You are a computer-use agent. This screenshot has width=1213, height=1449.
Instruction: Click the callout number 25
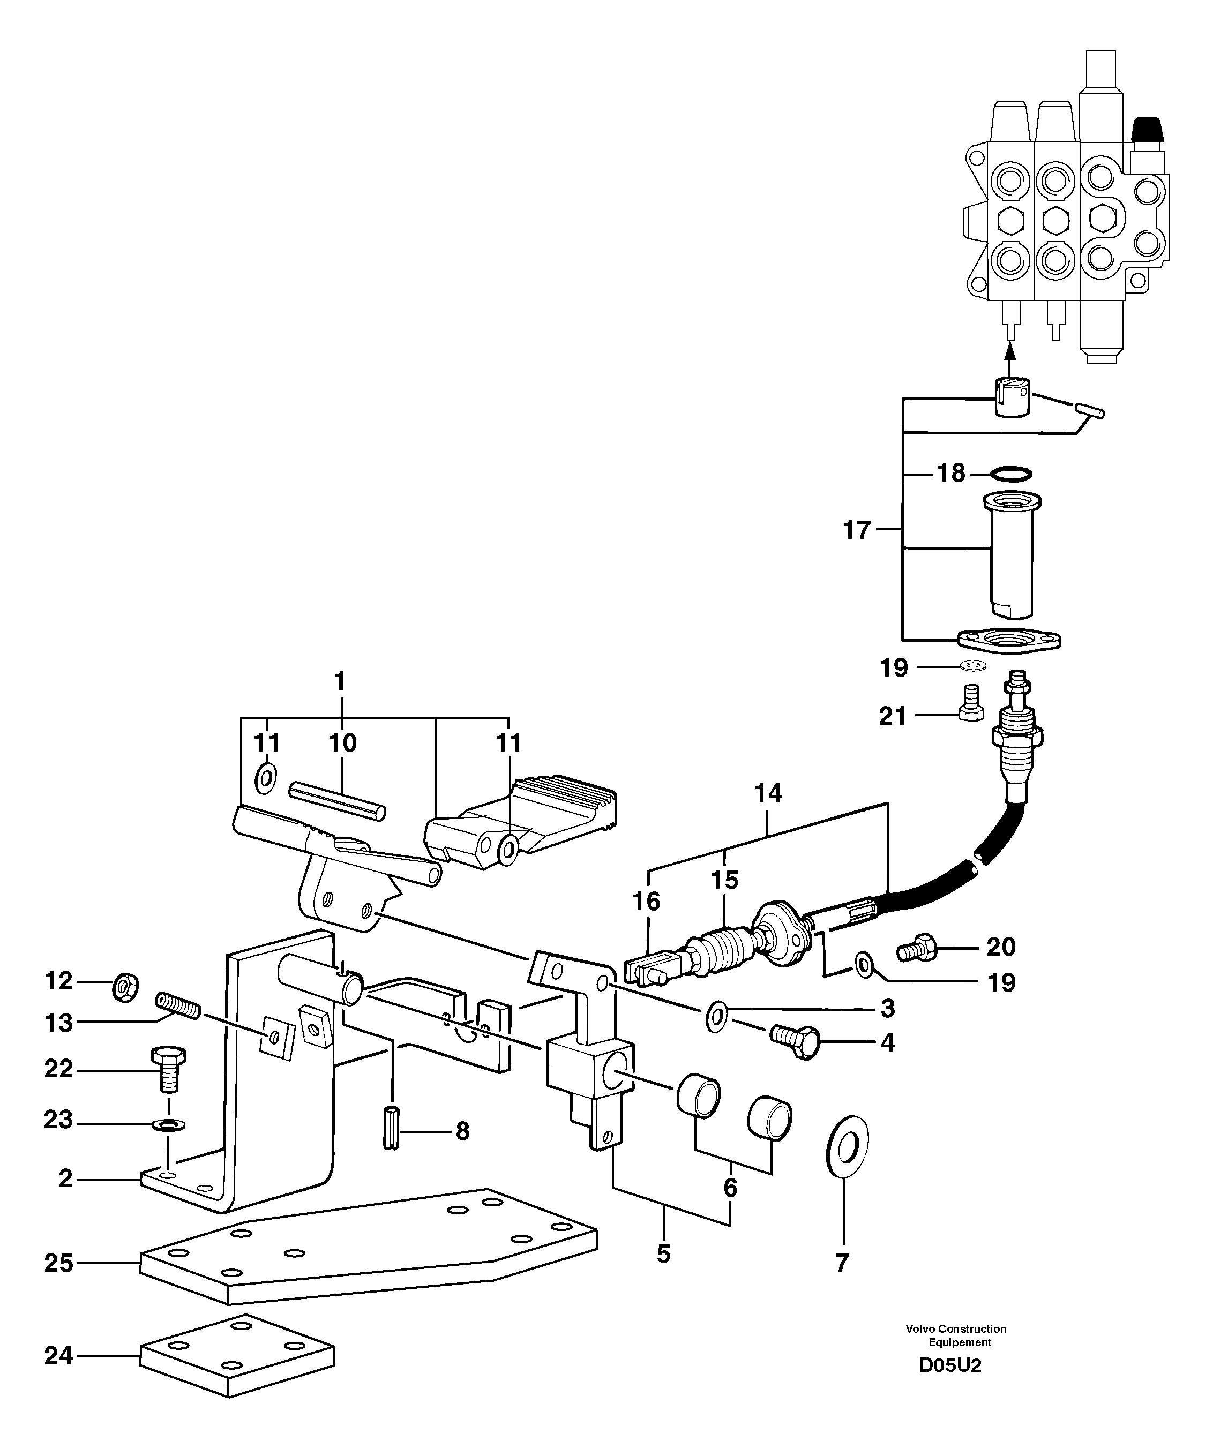pos(58,1264)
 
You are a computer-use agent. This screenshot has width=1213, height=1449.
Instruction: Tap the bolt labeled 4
pos(796,1042)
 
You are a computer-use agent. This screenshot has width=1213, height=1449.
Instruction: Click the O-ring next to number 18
pos(1010,474)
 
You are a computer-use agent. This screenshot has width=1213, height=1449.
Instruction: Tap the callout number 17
pos(857,531)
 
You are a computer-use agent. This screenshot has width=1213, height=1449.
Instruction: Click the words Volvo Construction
pos(956,1328)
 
